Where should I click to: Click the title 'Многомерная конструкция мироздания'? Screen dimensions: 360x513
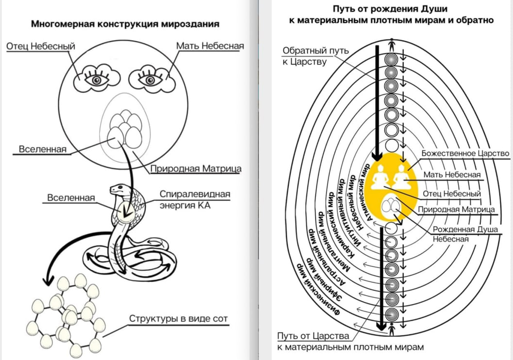[x=125, y=24]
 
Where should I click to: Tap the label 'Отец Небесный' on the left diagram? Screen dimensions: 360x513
[x=41, y=46]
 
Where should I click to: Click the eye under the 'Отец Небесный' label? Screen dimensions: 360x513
[x=97, y=80]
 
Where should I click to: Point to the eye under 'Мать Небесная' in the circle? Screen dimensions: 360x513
[x=148, y=80]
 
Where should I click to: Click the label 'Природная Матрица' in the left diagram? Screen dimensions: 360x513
[x=196, y=169]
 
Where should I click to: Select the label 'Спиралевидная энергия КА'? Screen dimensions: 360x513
[x=195, y=198]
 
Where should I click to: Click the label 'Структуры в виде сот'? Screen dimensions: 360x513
[x=178, y=319]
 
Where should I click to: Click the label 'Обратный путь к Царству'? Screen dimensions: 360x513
[x=315, y=56]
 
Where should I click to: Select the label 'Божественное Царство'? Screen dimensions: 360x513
[x=465, y=153]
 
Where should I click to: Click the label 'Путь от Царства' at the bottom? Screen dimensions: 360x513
[x=313, y=336]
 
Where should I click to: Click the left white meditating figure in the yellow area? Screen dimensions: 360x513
[x=380, y=177]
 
